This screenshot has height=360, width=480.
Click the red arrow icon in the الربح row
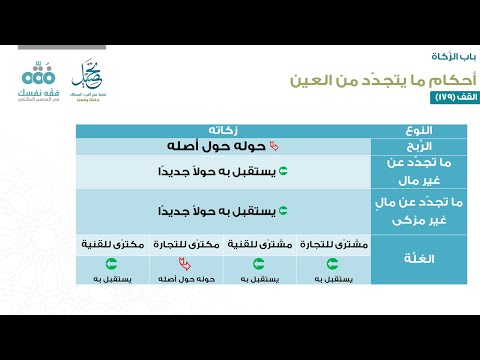coord(262,146)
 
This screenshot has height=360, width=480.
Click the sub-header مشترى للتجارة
coord(332,244)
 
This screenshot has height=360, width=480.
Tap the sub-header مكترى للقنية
coord(111,244)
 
